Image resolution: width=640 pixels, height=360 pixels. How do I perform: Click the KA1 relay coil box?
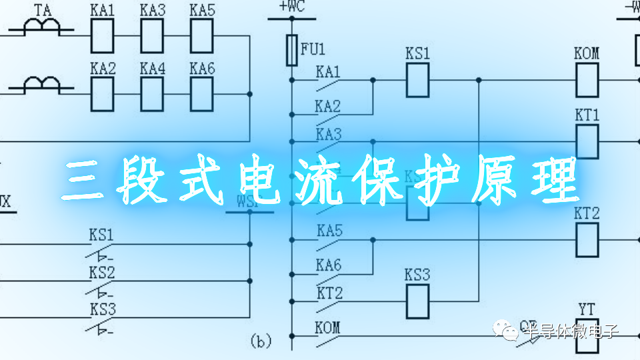tap(102, 35)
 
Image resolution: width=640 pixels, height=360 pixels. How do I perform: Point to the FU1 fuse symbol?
tap(291, 50)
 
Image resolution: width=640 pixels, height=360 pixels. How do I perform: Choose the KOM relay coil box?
tap(587, 81)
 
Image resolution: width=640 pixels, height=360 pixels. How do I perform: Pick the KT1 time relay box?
tap(587, 141)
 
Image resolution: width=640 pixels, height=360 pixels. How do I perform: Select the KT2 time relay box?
tap(587, 239)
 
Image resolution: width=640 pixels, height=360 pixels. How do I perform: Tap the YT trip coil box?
tap(587, 330)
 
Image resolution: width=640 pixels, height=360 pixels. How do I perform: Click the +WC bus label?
tap(292, 7)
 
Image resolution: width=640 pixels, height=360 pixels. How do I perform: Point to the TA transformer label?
tap(43, 10)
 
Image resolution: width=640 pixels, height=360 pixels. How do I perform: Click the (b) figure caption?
tap(261, 342)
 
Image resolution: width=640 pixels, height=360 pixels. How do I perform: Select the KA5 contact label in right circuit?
tap(329, 231)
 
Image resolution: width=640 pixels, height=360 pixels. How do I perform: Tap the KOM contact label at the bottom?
tap(328, 327)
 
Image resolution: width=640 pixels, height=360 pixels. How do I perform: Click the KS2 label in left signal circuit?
tap(102, 273)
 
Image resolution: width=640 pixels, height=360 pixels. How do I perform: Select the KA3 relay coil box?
tap(151, 35)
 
